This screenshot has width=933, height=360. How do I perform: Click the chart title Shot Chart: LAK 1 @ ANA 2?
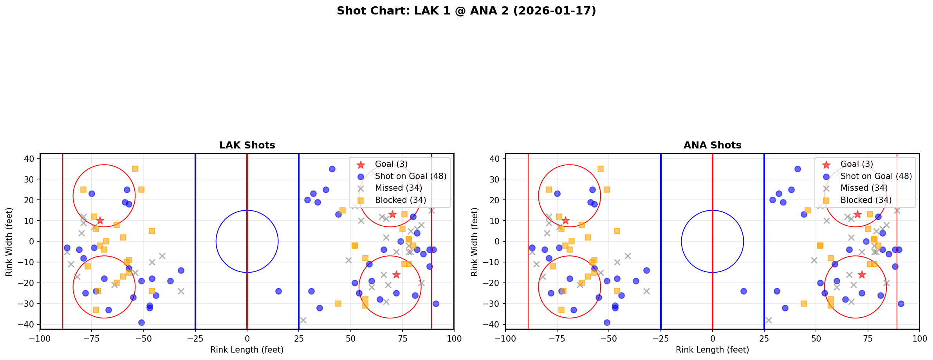coord(466,11)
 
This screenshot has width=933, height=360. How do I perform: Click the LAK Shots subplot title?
coord(247,145)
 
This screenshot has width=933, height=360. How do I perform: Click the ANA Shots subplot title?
coord(712,145)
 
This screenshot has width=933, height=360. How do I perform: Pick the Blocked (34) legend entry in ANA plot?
coord(866,200)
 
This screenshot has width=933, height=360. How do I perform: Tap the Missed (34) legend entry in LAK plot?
coord(398,188)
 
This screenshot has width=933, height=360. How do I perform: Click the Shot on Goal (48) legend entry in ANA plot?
coord(876,176)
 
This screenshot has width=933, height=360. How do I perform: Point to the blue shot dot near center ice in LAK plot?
coord(278,291)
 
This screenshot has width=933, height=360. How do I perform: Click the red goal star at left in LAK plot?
coord(100,221)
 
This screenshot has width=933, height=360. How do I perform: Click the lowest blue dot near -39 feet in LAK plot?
coord(141,322)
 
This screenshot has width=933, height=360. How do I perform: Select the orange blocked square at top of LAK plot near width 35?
coord(135,169)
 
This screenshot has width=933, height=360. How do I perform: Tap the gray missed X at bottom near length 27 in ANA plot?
coord(768,320)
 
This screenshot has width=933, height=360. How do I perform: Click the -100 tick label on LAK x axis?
coord(40,338)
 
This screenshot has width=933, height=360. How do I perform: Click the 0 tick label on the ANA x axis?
coord(712,338)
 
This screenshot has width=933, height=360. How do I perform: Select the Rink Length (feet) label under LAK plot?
coord(247,350)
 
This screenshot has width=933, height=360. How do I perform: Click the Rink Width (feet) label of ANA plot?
coord(475,242)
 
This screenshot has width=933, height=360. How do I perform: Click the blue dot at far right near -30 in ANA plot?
coord(901,304)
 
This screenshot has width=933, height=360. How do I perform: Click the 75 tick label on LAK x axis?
coord(402,338)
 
